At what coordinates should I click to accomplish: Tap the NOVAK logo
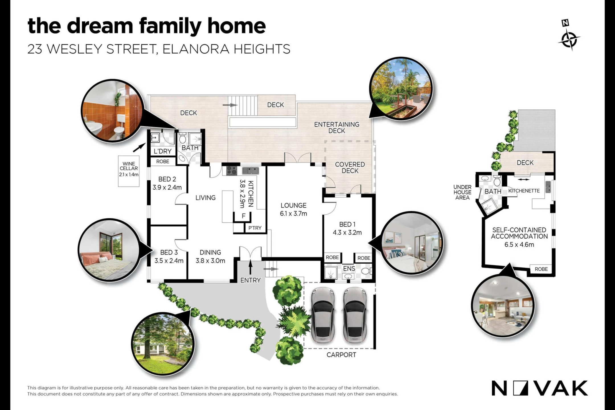point(540,388)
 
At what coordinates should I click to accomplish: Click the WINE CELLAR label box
point(129,171)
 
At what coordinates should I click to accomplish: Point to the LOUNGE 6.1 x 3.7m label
point(294,209)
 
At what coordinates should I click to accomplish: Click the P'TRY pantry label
point(255,228)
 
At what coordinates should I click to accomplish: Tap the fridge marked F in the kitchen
point(243,216)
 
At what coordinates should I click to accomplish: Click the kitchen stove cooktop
point(232,171)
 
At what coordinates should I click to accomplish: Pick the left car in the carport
point(322,315)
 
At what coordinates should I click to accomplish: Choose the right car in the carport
point(355,315)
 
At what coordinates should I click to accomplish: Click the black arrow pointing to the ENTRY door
point(251,267)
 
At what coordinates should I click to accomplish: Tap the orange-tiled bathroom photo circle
point(112,110)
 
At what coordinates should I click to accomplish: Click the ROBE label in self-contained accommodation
point(541,269)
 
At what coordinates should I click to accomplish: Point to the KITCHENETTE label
point(524,191)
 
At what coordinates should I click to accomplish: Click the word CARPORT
point(341,355)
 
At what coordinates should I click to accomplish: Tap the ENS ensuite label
point(349,268)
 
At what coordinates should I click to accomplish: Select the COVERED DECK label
point(350,167)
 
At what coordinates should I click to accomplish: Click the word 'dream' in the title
point(100,26)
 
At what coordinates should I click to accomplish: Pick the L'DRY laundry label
point(163,151)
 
